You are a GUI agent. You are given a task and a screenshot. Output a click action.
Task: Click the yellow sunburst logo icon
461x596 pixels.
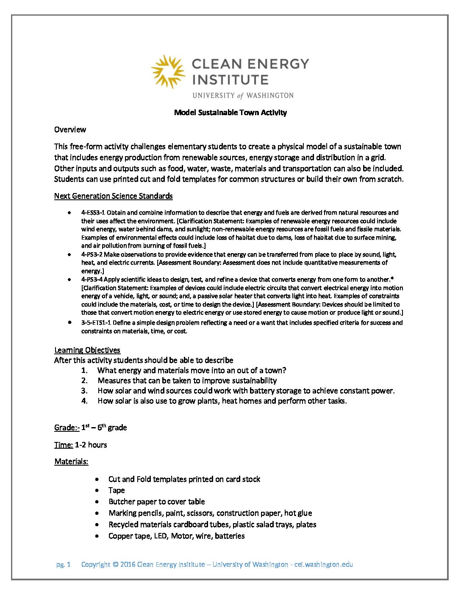[x=168, y=71]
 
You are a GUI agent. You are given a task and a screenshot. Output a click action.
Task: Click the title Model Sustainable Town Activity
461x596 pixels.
[x=230, y=113]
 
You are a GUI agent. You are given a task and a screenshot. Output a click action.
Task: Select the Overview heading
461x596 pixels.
[x=70, y=130]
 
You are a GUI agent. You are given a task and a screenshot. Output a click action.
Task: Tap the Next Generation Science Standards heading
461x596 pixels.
[x=113, y=196]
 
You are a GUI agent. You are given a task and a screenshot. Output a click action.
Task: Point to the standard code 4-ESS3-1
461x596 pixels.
[x=93, y=212]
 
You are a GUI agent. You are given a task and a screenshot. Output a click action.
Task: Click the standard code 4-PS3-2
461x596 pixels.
[x=92, y=254]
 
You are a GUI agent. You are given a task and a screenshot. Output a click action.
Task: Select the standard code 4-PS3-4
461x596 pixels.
[x=92, y=279]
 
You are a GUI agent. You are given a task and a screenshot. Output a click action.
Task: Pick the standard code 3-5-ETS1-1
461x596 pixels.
[x=96, y=323]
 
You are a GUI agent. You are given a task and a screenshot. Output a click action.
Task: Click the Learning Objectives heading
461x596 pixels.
[x=87, y=350]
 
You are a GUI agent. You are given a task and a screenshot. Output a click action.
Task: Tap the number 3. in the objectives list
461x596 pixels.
[x=84, y=391]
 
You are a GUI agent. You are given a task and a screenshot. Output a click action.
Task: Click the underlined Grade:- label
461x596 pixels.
[x=67, y=428]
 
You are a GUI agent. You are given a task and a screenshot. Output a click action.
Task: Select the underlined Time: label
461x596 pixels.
[x=64, y=445]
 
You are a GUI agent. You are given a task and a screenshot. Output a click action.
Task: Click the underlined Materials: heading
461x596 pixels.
[x=71, y=461]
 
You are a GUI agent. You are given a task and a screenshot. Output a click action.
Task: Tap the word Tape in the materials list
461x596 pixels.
[x=117, y=490]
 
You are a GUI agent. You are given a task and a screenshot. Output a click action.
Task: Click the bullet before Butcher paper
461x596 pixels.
[x=98, y=502]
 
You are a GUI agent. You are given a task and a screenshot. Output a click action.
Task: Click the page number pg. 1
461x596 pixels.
[x=63, y=564]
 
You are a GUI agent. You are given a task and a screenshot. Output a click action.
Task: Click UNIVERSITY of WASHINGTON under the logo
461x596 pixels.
[x=243, y=95]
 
